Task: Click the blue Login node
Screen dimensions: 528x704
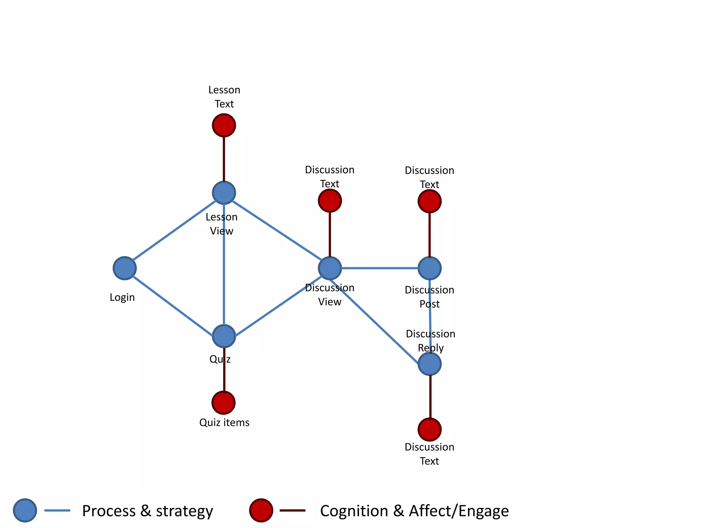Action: (124, 268)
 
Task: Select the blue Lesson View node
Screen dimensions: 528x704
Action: (224, 193)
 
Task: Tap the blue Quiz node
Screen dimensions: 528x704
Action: (224, 336)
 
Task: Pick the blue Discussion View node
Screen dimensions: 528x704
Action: (330, 268)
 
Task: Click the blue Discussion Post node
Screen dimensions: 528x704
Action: (429, 268)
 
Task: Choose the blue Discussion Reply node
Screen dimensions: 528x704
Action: (429, 364)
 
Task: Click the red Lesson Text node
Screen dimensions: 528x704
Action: (224, 125)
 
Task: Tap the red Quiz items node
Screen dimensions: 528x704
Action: (223, 403)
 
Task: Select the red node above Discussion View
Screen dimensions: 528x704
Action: (330, 201)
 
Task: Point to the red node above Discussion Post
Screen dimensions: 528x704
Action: (429, 201)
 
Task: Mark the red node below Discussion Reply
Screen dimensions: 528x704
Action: (429, 429)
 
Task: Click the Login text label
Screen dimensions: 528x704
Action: (122, 297)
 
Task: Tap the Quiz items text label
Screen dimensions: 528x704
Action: (224, 422)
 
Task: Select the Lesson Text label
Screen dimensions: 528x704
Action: (224, 97)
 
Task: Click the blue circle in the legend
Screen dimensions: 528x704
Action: (25, 510)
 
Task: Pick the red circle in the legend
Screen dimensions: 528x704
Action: (261, 510)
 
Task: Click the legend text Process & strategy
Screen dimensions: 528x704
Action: (147, 511)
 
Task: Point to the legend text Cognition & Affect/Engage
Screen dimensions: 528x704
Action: (414, 511)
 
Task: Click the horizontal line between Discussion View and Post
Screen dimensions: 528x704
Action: (379, 268)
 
